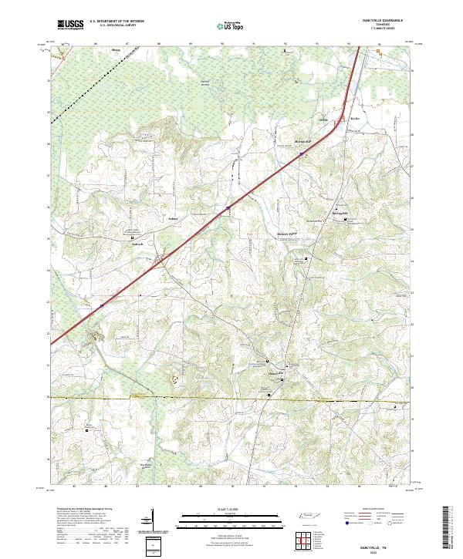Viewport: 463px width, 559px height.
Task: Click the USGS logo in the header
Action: click(x=70, y=25)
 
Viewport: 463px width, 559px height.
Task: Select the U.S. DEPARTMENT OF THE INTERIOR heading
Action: click(x=117, y=21)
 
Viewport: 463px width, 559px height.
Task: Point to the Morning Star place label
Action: click(x=302, y=142)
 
